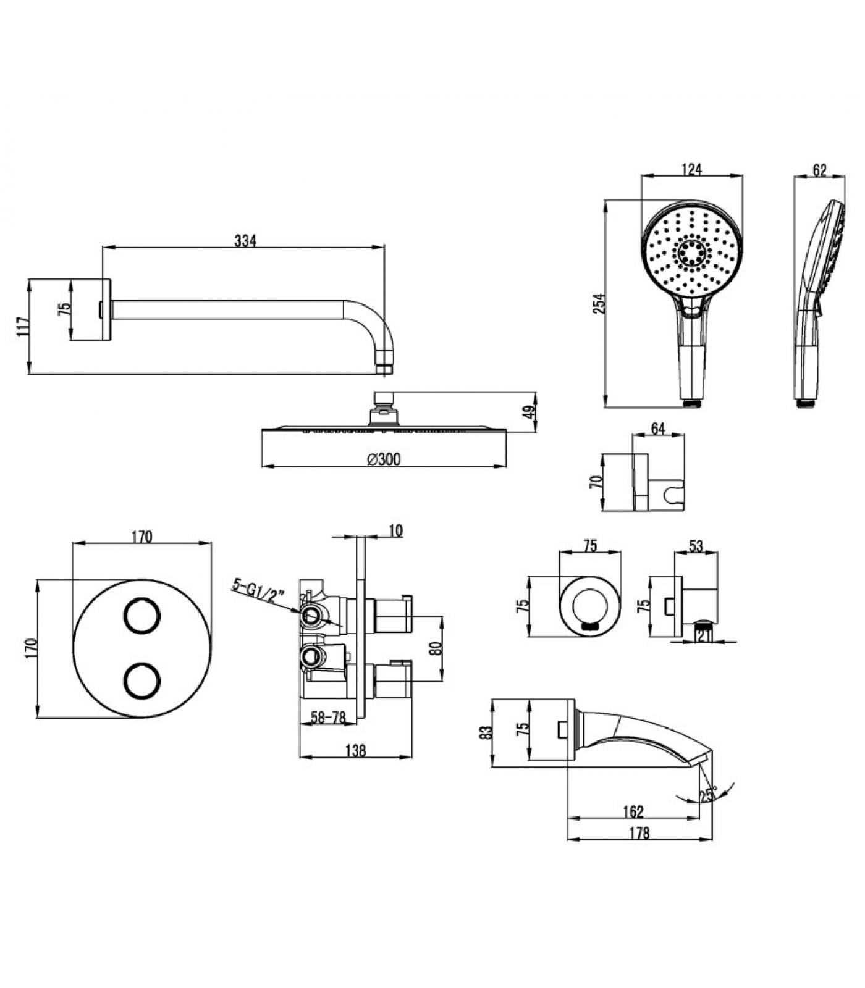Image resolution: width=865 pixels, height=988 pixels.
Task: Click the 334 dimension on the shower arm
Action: click(x=245, y=241)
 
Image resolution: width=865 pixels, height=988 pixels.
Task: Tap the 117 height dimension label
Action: click(x=23, y=326)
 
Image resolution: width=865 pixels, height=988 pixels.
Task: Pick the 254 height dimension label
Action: click(x=599, y=303)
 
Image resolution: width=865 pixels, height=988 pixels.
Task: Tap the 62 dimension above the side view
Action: click(x=819, y=170)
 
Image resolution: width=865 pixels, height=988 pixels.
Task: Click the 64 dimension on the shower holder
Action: click(x=658, y=428)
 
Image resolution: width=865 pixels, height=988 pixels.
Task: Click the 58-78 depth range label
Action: click(x=328, y=718)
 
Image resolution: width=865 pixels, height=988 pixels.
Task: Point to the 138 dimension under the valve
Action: click(x=356, y=750)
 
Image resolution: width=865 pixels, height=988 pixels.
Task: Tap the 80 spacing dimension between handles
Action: click(x=435, y=648)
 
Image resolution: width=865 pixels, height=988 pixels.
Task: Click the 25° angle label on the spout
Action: click(x=708, y=794)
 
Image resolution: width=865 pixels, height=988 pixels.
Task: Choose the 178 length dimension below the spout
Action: click(x=639, y=833)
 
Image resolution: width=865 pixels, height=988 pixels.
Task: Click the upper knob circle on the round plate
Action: click(x=142, y=616)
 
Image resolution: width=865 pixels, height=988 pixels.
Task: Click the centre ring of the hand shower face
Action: click(x=693, y=252)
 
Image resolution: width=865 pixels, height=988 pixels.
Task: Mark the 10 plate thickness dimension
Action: click(x=396, y=530)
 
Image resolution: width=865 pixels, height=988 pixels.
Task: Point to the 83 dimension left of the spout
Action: click(x=486, y=732)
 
